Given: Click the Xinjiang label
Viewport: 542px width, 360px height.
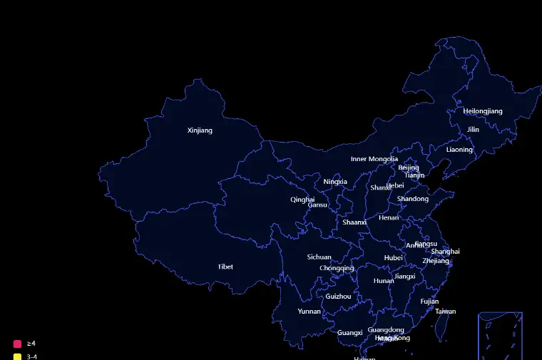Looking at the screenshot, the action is (x=200, y=130).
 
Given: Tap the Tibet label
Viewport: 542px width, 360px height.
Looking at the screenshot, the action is (x=225, y=267).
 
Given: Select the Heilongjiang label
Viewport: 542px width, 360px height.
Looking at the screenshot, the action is (x=483, y=111).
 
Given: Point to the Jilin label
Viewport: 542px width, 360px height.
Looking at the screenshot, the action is (x=474, y=130).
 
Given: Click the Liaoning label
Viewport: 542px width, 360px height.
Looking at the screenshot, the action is (x=459, y=150).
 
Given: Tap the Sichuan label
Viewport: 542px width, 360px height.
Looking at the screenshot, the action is (x=319, y=257).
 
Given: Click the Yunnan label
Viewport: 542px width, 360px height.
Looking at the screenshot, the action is (x=309, y=312).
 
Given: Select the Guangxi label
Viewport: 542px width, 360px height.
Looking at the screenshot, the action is (x=349, y=333).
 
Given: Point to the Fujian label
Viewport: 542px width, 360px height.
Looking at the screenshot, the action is (x=429, y=302).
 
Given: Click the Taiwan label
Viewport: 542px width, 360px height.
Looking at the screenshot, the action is (x=446, y=312).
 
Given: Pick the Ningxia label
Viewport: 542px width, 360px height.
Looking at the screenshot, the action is (x=335, y=182).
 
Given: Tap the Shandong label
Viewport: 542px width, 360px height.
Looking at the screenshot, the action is (x=413, y=199).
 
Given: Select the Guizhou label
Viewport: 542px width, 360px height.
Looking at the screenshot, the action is (x=338, y=297).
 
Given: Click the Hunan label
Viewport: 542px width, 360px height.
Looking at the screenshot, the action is (x=384, y=281).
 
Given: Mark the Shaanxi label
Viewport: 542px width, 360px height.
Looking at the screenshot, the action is (x=354, y=222).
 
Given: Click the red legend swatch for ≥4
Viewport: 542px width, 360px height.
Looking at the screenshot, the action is (x=17, y=344).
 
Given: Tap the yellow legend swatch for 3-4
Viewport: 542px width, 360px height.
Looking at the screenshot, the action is (x=17, y=356).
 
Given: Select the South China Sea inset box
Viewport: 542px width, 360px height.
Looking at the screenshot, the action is (x=501, y=336).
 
